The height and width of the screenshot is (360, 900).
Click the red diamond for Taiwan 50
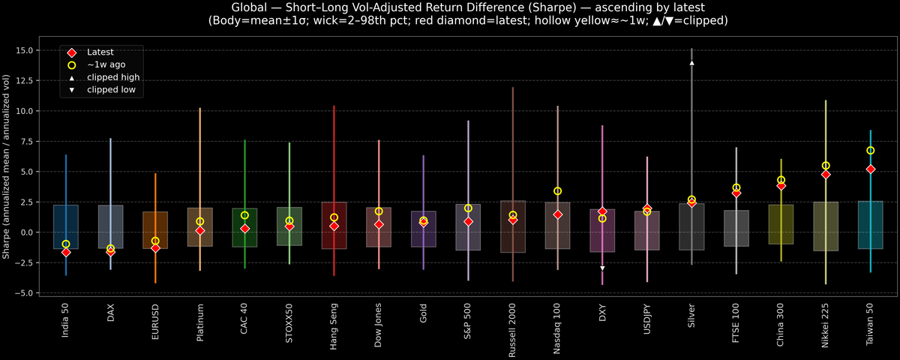tap(871, 169)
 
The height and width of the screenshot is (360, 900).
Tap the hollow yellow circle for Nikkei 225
tap(826, 166)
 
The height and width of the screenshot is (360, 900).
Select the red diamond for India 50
tap(66, 253)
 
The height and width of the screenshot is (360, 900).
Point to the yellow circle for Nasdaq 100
tap(557, 191)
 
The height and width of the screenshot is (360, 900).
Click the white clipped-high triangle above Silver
tap(691, 63)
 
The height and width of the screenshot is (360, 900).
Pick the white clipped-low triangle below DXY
tap(602, 268)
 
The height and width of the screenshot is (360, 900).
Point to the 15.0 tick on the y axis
tap(30, 50)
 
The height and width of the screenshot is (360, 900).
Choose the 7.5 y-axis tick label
tap(32, 142)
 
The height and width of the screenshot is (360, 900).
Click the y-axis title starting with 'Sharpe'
tap(7, 166)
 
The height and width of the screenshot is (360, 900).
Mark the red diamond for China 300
tap(781, 185)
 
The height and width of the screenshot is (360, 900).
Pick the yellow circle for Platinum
tap(199, 221)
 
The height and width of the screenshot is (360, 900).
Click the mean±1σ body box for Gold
tap(423, 229)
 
